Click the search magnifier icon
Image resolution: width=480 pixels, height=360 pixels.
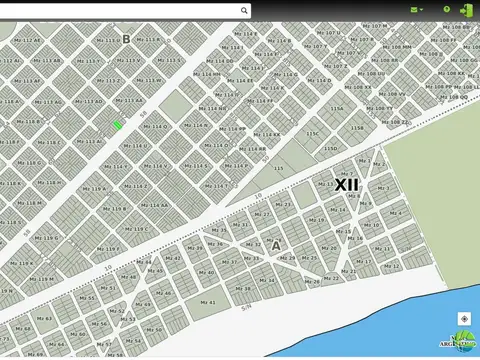pos(244,10)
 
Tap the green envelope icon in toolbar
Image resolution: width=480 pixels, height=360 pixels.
pos(415,10)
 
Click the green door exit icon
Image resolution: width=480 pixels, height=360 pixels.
pos(466,10)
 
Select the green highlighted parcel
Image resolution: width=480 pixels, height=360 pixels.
pos(117,125)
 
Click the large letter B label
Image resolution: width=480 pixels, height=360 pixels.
pos(126,39)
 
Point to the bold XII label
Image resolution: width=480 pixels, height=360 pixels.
pos(346,185)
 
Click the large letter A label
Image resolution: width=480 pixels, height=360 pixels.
pos(276,245)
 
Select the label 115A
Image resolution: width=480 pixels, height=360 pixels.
pos(337,109)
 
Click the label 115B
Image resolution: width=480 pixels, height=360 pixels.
pos(357,128)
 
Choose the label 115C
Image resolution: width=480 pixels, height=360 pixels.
pos(313,134)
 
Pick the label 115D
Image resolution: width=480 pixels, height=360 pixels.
pos(330,149)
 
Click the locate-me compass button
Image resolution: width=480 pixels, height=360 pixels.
pos(464,319)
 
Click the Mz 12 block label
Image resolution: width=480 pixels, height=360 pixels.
pos(391,266)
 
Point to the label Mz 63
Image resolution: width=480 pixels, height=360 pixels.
pos(44,319)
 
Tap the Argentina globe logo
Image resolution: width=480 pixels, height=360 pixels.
pos(462,341)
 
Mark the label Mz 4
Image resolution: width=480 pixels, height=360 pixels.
pos(396,213)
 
